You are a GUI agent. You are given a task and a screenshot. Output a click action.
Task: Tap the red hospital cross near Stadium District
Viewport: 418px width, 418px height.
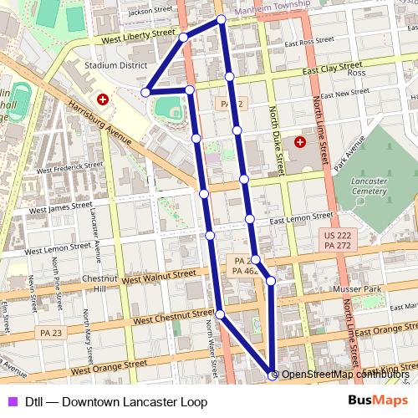[x=102, y=99]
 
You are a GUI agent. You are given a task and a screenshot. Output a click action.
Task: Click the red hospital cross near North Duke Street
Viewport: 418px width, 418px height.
[x=299, y=141]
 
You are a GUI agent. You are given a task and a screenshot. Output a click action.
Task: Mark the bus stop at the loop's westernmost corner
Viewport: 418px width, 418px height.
[x=145, y=92]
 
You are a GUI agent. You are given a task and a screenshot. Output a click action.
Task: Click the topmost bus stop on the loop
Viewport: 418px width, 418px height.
[x=221, y=18]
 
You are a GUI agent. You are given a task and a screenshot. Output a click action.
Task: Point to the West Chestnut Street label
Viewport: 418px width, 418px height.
[x=173, y=316]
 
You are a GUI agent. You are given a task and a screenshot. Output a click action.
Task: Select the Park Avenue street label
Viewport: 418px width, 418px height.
[x=350, y=155]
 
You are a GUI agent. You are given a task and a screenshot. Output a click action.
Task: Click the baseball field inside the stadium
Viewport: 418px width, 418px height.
[x=169, y=108]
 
